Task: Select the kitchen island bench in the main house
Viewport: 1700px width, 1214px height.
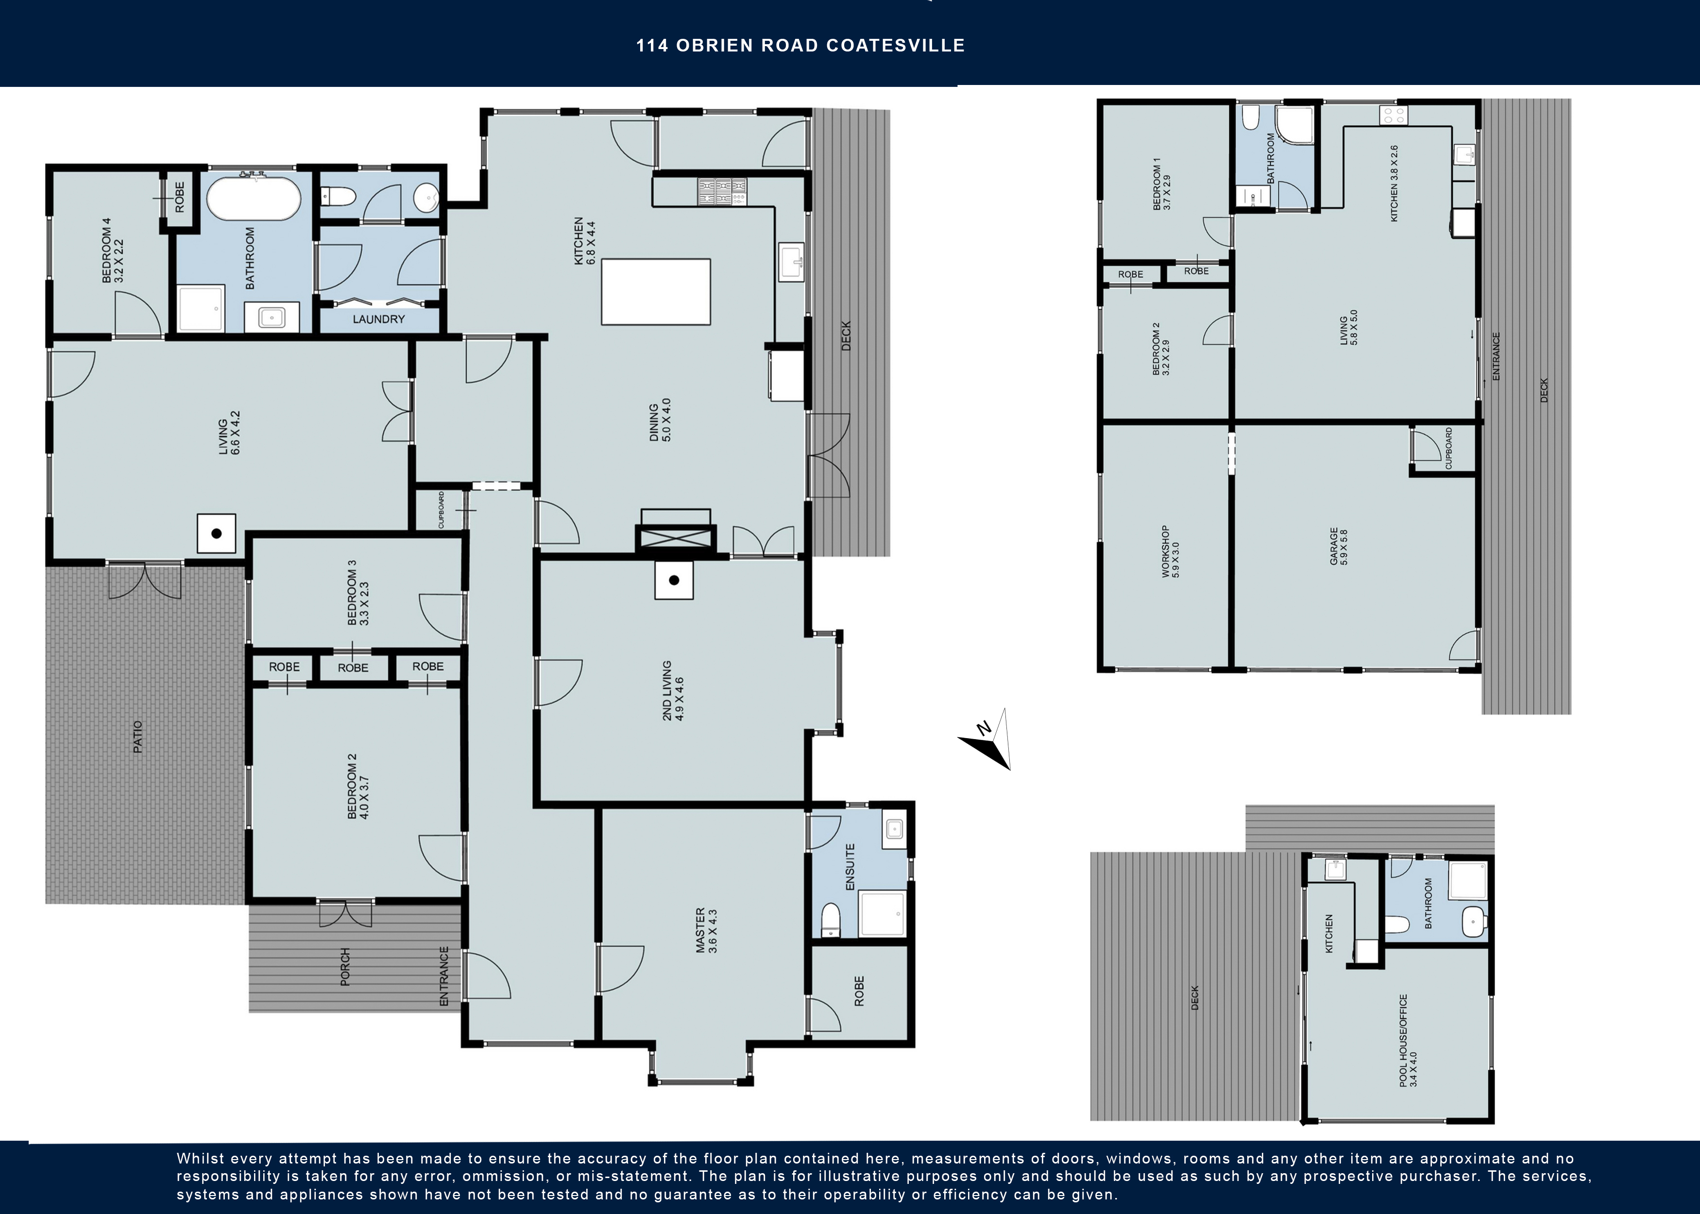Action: pyautogui.click(x=656, y=291)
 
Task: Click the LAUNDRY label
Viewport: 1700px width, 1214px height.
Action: pyautogui.click(x=378, y=319)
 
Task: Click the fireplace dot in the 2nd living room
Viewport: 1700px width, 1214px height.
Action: pyautogui.click(x=674, y=580)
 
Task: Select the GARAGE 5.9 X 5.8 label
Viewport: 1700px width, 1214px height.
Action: pyautogui.click(x=1338, y=546)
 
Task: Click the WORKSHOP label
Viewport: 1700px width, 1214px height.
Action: pyautogui.click(x=1169, y=552)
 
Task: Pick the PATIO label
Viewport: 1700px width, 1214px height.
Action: pyautogui.click(x=137, y=736)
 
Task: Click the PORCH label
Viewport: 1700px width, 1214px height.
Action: pyautogui.click(x=345, y=966)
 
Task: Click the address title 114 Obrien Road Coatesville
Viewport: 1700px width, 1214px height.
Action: pyautogui.click(x=800, y=46)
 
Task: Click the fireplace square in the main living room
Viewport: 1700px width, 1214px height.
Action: pyautogui.click(x=216, y=534)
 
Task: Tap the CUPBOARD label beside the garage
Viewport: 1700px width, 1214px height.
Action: pyautogui.click(x=1448, y=449)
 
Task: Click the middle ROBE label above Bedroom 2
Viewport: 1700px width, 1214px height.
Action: pyautogui.click(x=353, y=668)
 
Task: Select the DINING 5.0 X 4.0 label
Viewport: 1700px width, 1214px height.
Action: pyautogui.click(x=660, y=420)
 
